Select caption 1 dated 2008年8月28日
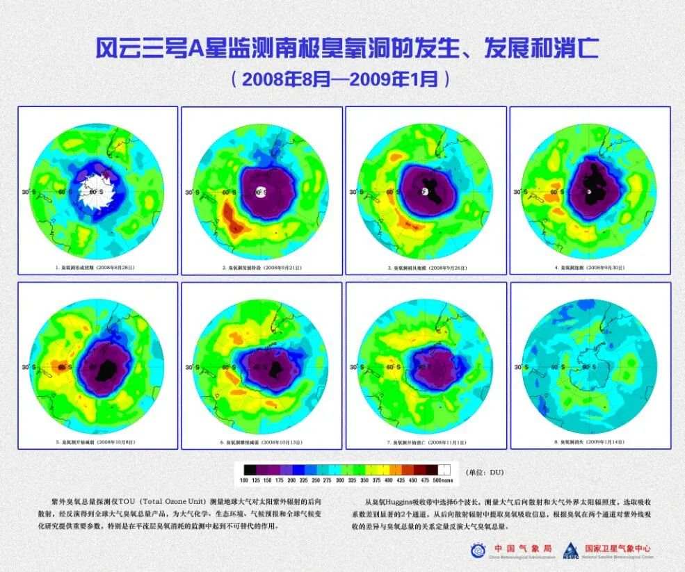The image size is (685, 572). click(98, 267)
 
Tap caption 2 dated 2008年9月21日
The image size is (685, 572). click(262, 267)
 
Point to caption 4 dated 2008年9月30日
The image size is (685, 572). click(590, 267)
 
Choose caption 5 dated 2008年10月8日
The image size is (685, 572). click(98, 442)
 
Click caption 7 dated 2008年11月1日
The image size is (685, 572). click(426, 442)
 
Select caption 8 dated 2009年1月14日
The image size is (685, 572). click(590, 442)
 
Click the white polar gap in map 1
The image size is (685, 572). click(97, 190)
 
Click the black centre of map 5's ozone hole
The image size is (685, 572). click(107, 367)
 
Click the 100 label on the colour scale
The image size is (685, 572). click(244, 480)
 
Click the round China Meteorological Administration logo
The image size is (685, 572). click(478, 550)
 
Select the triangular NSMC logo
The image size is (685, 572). click(570, 550)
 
